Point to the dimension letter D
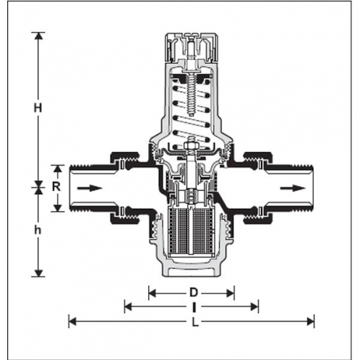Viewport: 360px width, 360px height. click(192, 293)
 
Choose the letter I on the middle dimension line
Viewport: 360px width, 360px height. click(192, 307)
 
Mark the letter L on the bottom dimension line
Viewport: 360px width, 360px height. click(192, 322)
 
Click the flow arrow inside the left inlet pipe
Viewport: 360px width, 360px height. click(88, 187)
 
